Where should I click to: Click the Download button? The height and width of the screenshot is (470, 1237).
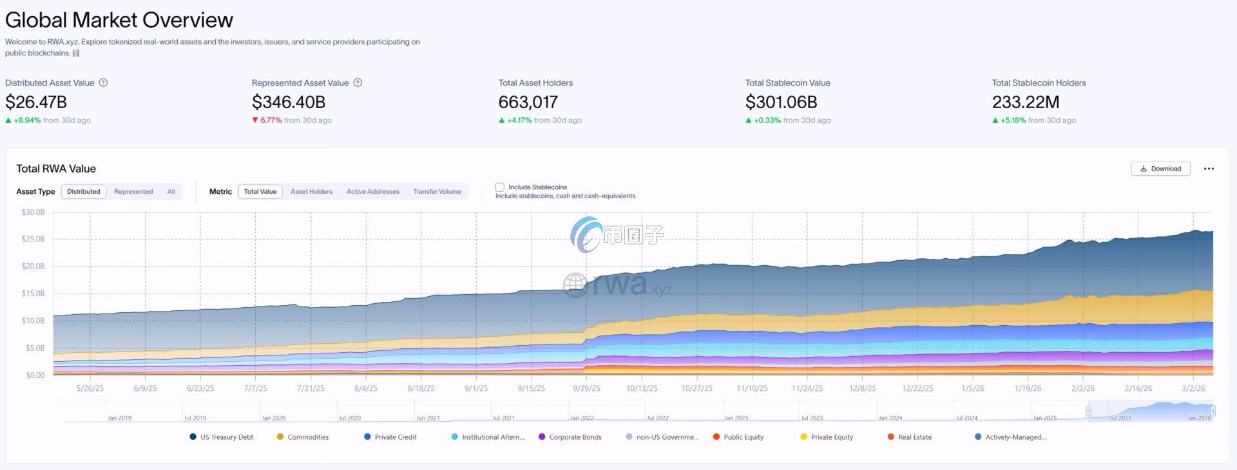[1160, 169]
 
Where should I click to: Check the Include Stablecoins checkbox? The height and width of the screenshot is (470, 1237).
[500, 187]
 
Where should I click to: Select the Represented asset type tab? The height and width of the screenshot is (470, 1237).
[133, 192]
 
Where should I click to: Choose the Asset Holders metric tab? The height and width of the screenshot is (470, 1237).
[311, 192]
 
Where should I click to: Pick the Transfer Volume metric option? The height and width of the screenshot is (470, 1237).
[437, 192]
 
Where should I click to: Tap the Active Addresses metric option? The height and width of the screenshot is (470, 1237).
[372, 192]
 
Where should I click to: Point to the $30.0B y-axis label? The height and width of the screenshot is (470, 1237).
[33, 212]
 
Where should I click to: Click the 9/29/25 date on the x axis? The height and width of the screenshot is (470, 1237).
[586, 389]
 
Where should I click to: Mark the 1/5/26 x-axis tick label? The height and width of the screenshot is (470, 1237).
[973, 389]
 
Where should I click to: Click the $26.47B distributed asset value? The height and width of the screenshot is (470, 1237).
[36, 102]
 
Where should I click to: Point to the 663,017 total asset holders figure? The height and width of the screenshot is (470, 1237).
[528, 102]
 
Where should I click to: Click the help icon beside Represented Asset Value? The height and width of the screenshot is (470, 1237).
[358, 83]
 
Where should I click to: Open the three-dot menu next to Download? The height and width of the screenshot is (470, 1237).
[1209, 169]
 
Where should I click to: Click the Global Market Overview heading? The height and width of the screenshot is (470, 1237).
[119, 20]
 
